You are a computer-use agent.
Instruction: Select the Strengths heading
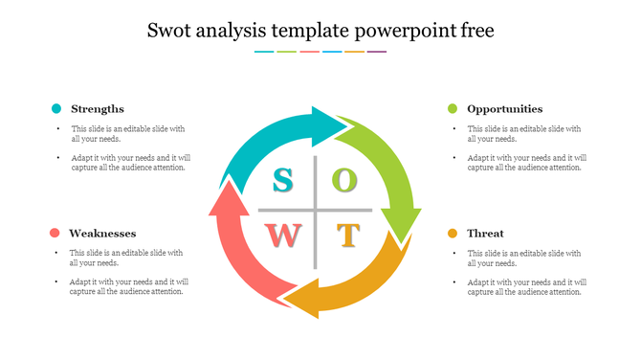[x=98, y=109]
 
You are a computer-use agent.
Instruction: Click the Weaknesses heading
[x=102, y=234]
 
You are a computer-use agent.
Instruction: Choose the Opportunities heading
[x=505, y=109]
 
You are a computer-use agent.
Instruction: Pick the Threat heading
[x=485, y=234]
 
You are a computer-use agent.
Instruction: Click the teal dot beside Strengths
[x=56, y=109]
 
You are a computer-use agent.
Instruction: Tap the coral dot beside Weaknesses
[x=55, y=234]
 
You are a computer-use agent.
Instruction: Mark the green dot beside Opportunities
[x=453, y=109]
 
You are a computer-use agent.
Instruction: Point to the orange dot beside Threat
[x=453, y=234]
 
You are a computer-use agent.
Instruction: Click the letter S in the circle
[x=283, y=179]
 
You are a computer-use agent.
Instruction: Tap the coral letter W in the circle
[x=285, y=235]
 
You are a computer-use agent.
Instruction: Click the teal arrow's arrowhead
[x=336, y=124]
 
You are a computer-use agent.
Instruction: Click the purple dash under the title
[x=377, y=52]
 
